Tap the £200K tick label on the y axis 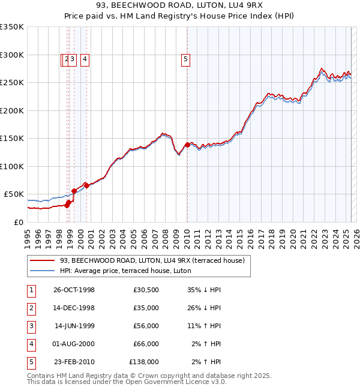click(13, 110)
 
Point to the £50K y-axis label click(15, 194)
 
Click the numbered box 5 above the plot click(186, 59)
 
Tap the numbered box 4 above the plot click(85, 59)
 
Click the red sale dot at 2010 click(187, 145)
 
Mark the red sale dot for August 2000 click(86, 185)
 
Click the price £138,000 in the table click(144, 362)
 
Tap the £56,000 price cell click(146, 326)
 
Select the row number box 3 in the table click(31, 326)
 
